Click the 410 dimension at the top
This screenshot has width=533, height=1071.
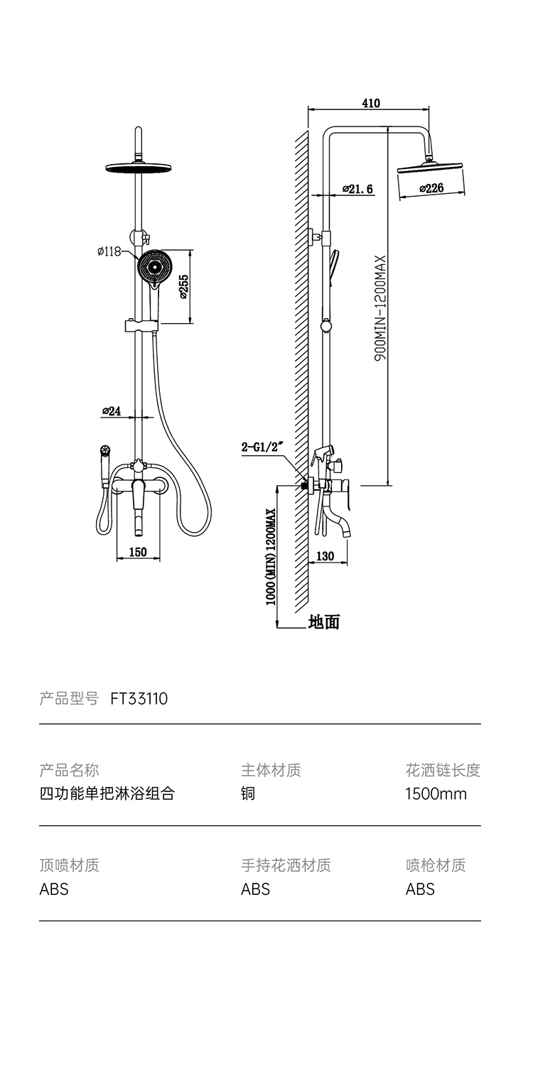click(371, 103)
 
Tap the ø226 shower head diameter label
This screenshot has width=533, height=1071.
click(431, 188)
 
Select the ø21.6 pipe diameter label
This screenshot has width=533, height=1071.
click(357, 189)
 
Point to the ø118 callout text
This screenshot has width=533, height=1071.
click(109, 251)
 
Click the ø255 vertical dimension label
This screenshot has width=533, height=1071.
click(183, 286)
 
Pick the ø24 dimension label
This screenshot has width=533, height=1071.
click(112, 411)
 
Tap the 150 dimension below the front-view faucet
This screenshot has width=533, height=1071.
click(138, 552)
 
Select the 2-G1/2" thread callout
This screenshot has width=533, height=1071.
click(263, 447)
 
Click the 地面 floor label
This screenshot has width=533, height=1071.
click(324, 622)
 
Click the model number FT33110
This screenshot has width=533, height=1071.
click(139, 699)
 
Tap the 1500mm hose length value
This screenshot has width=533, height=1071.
click(436, 793)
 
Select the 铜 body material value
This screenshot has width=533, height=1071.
click(248, 793)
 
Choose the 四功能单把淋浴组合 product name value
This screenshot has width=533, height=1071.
click(107, 793)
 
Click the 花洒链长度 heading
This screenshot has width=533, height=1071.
click(443, 770)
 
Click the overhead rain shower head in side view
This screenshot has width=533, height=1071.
click(431, 167)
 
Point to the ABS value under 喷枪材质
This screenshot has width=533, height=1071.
click(420, 888)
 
